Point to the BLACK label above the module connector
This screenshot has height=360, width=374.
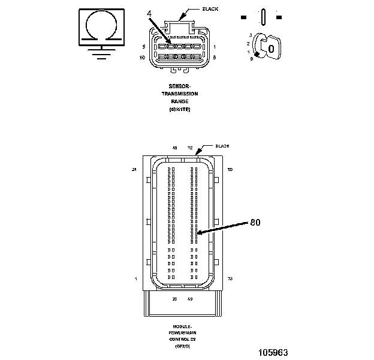223,146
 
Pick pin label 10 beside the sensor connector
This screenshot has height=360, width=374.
142,58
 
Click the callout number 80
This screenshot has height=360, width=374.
255,222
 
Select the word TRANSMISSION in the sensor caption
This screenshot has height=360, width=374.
180,94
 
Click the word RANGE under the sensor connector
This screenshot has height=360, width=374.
180,101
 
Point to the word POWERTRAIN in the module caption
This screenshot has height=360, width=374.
180,332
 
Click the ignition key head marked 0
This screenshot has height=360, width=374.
272,48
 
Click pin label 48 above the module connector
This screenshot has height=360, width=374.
175,147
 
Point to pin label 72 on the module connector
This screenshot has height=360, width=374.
190,147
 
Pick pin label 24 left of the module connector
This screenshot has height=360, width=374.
135,170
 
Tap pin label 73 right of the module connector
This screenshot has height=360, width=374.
230,279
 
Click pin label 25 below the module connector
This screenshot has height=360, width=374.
174,298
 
